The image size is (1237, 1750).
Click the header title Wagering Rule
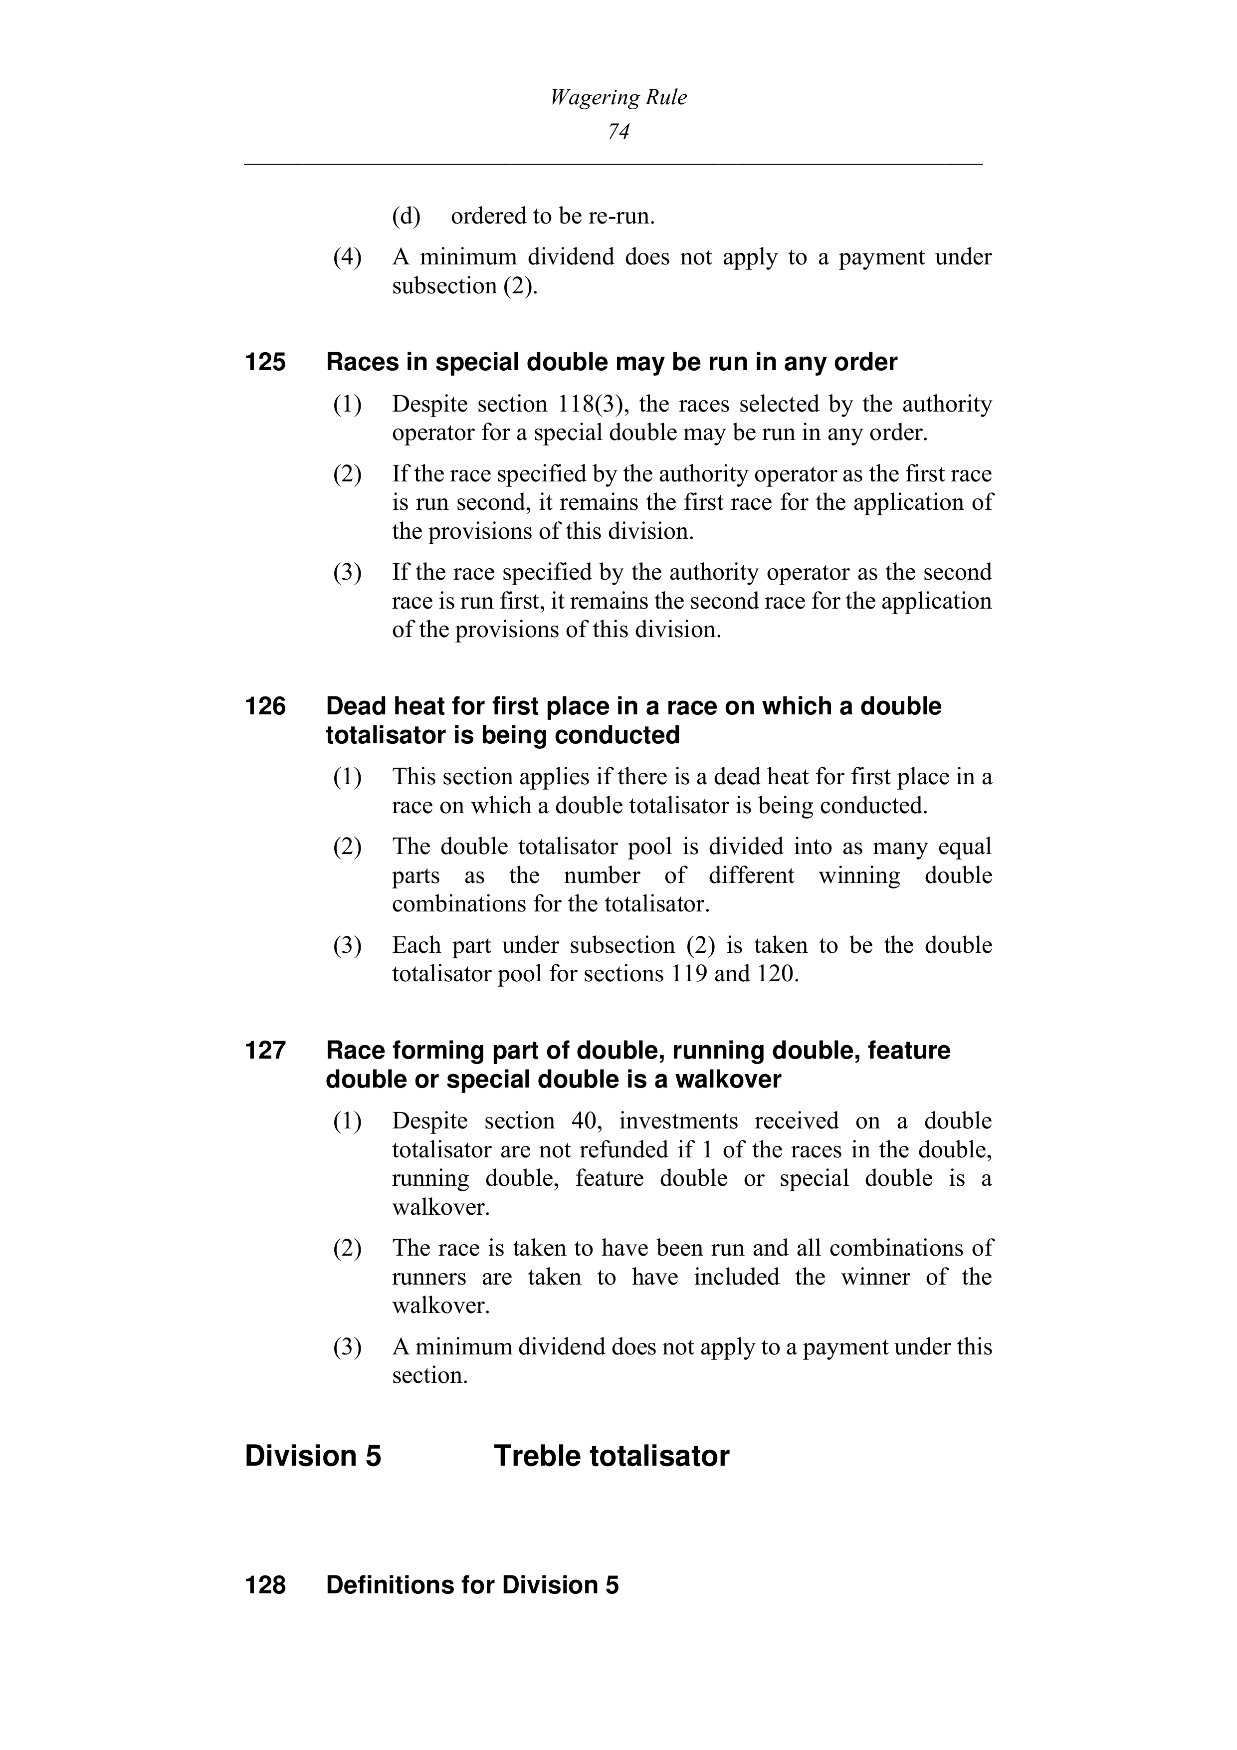(618, 98)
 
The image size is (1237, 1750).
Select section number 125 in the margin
(265, 362)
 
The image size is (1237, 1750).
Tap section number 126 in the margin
(265, 706)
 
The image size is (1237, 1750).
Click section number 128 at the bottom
(265, 1585)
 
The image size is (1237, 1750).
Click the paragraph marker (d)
(406, 217)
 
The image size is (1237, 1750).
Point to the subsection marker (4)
(348, 257)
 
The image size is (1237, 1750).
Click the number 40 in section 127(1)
(583, 1121)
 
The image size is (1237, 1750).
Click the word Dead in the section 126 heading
(357, 706)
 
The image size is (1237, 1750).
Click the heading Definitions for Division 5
(472, 1585)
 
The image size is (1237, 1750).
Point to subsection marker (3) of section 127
(348, 1347)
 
